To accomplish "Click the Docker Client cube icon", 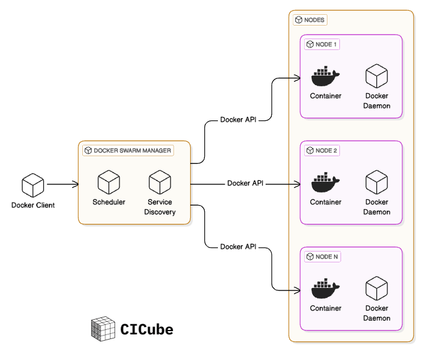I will [33, 185].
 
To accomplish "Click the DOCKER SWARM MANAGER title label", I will [128, 150].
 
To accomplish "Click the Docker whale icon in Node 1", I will [325, 76].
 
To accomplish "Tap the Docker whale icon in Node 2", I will [325, 182].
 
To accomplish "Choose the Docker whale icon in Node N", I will [325, 288].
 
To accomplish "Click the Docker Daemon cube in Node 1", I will [376, 76].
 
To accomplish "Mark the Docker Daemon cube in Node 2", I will [376, 182].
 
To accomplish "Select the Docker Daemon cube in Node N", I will [376, 288].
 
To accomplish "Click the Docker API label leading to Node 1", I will [238, 120].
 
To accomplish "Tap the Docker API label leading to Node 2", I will [246, 183].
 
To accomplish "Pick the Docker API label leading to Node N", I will [238, 246].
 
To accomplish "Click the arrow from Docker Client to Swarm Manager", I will [62, 184].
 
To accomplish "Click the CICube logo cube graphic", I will [102, 329].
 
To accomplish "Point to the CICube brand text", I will [146, 329].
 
